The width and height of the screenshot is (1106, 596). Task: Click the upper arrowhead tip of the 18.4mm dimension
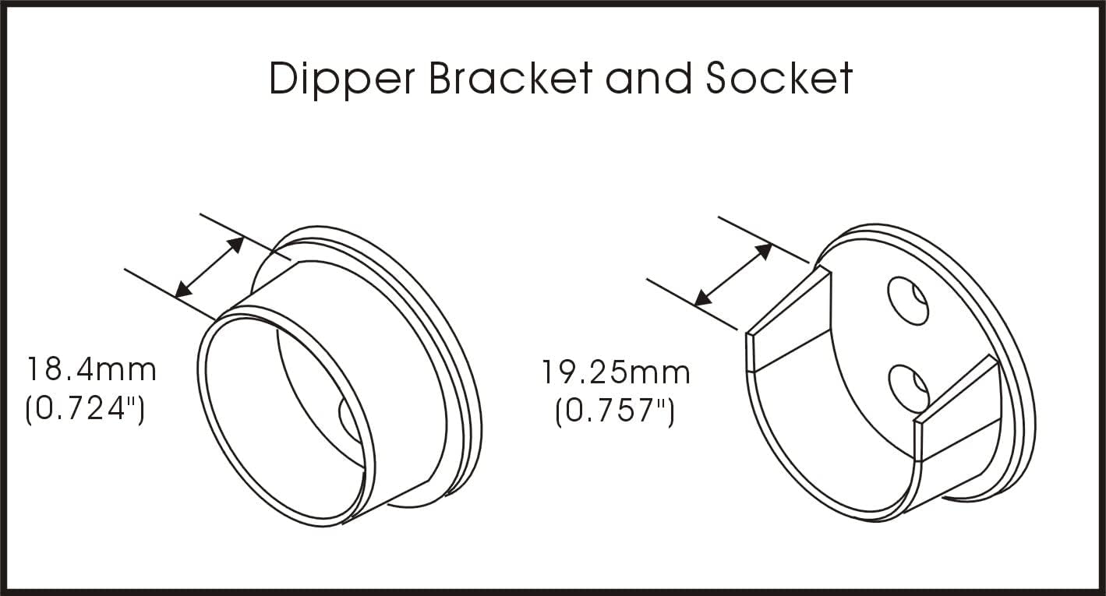243,238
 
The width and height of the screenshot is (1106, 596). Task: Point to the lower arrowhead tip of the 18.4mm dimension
176,298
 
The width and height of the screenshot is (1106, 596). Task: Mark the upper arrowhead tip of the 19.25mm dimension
772,244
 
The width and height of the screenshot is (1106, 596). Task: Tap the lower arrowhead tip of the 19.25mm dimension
694,305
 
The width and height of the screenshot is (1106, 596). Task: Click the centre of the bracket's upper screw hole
907,301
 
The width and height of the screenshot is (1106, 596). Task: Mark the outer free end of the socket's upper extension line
200,214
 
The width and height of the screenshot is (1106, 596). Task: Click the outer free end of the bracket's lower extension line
647,279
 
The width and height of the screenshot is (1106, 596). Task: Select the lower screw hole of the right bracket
909,390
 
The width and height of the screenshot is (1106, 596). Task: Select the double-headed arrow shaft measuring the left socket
210,268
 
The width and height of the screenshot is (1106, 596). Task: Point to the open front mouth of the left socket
286,417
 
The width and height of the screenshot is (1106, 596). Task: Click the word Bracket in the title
511,78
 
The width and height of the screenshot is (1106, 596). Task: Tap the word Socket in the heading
779,78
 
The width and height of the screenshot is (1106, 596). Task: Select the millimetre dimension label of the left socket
91,369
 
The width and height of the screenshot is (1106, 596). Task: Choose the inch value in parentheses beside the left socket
85,409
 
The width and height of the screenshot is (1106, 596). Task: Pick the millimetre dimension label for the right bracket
616,372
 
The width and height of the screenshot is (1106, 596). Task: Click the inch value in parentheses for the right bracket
615,411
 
